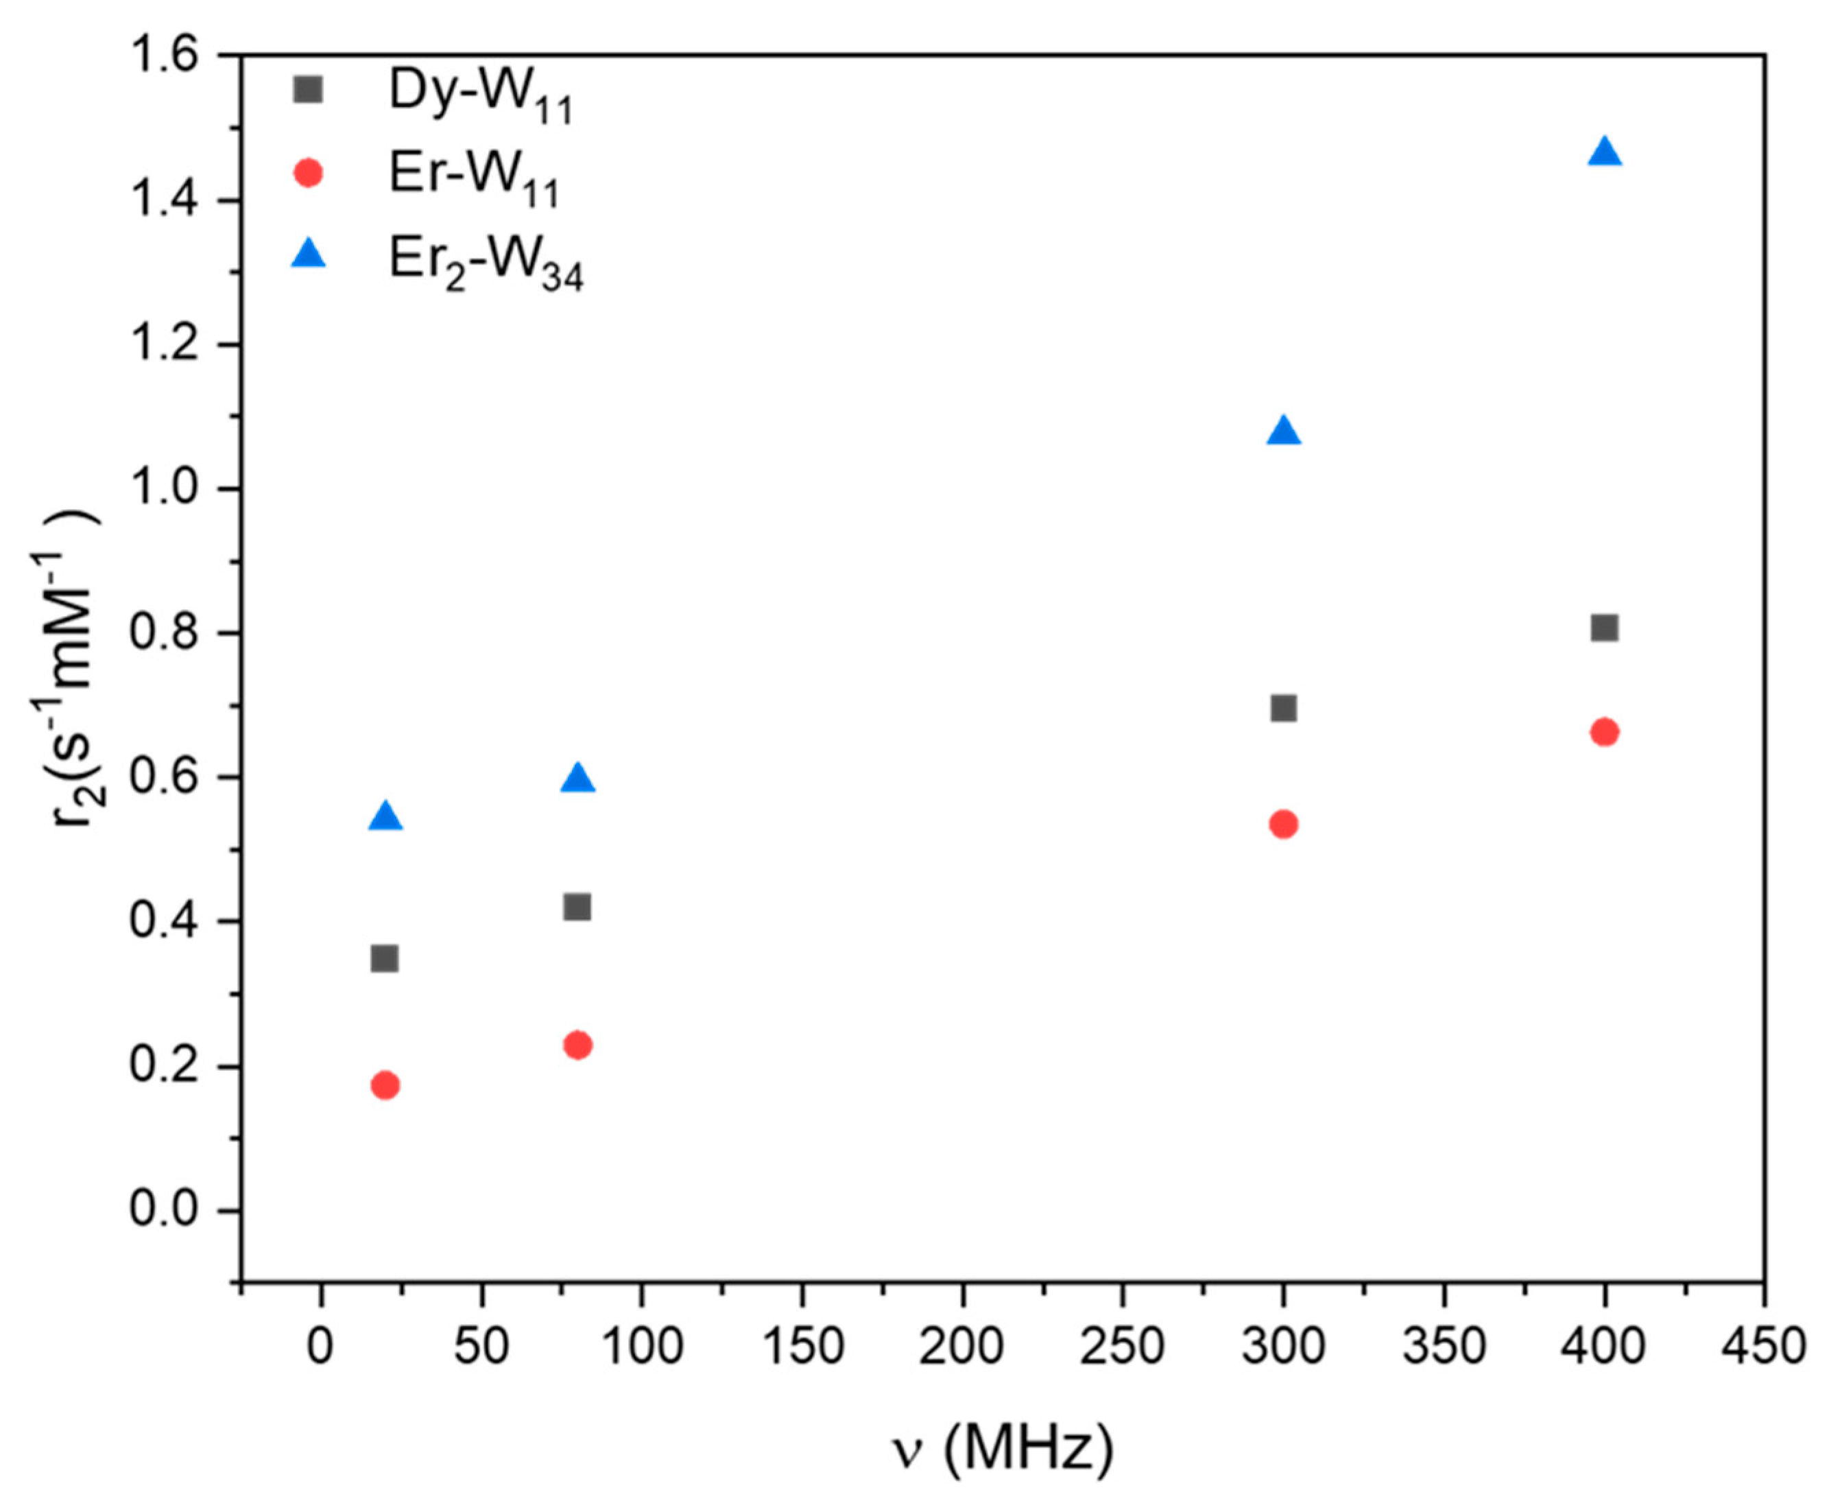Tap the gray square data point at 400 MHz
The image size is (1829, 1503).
[1604, 628]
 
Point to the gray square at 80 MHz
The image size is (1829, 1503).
[577, 908]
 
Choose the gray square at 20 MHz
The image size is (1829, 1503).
[384, 958]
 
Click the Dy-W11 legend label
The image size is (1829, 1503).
[481, 95]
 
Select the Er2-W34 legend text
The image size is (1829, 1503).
[486, 263]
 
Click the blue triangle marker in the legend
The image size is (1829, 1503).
[308, 255]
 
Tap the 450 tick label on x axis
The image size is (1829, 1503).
[1764, 1347]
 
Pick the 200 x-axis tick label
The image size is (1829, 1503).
[961, 1347]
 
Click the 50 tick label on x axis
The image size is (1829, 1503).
[481, 1347]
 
